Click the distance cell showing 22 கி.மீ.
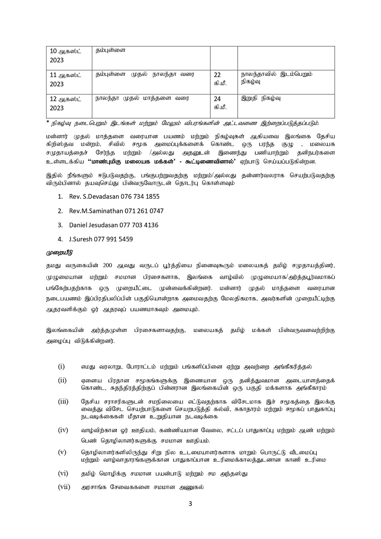point(221,79)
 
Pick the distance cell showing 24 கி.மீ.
point(221,103)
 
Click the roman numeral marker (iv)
point(63,430)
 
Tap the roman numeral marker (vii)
point(64,487)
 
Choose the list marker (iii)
point(63,401)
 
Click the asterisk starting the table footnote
point(48,122)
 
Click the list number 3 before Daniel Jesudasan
point(60,225)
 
